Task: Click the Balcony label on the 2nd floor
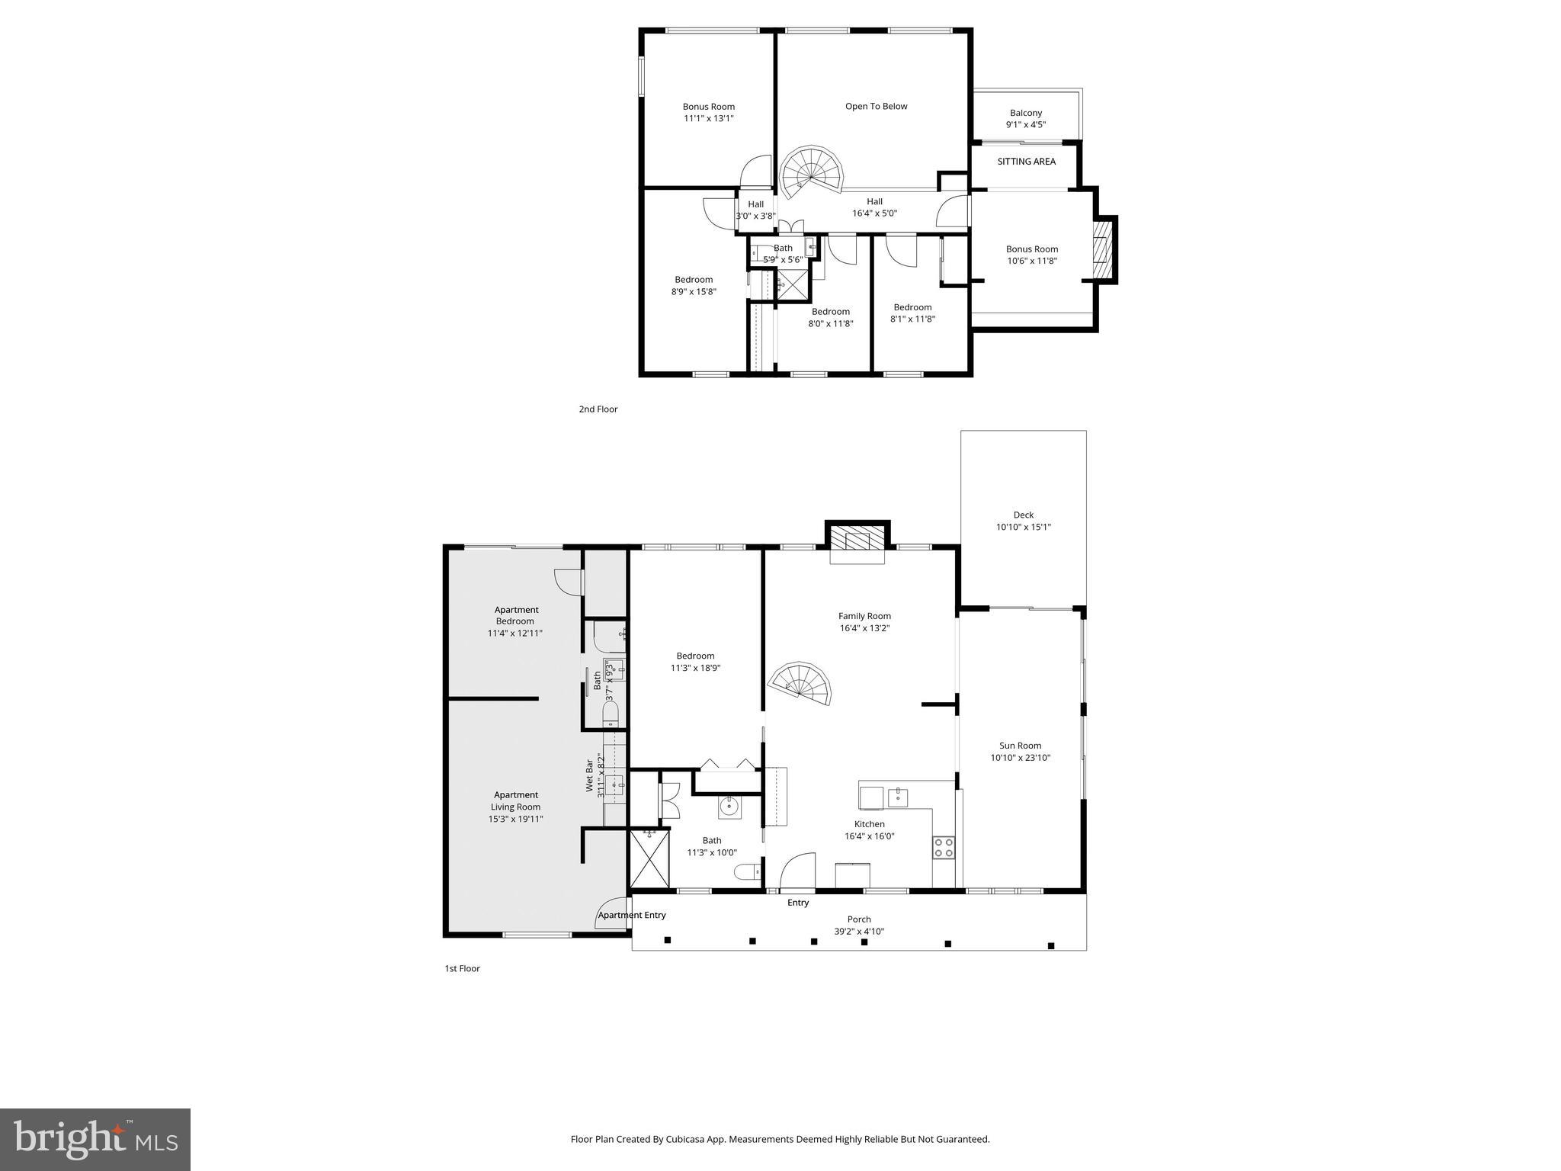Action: pos(1025,113)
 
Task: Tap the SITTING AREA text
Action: pos(1026,162)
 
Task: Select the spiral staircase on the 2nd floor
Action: pos(813,172)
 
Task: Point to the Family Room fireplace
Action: pos(857,541)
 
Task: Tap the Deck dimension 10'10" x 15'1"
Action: pos(1023,527)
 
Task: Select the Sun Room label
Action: pos(1020,746)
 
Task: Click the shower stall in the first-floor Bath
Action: pos(649,858)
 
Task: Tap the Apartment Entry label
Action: pos(632,915)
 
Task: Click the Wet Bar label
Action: pos(590,775)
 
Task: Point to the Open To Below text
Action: pos(876,107)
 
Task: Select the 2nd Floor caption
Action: pos(598,409)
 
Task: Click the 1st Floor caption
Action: pos(462,968)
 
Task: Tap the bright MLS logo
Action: pos(95,1140)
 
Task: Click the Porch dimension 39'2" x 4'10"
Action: pos(858,931)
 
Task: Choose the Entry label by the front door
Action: pos(797,903)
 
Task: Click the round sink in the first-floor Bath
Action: pos(729,805)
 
